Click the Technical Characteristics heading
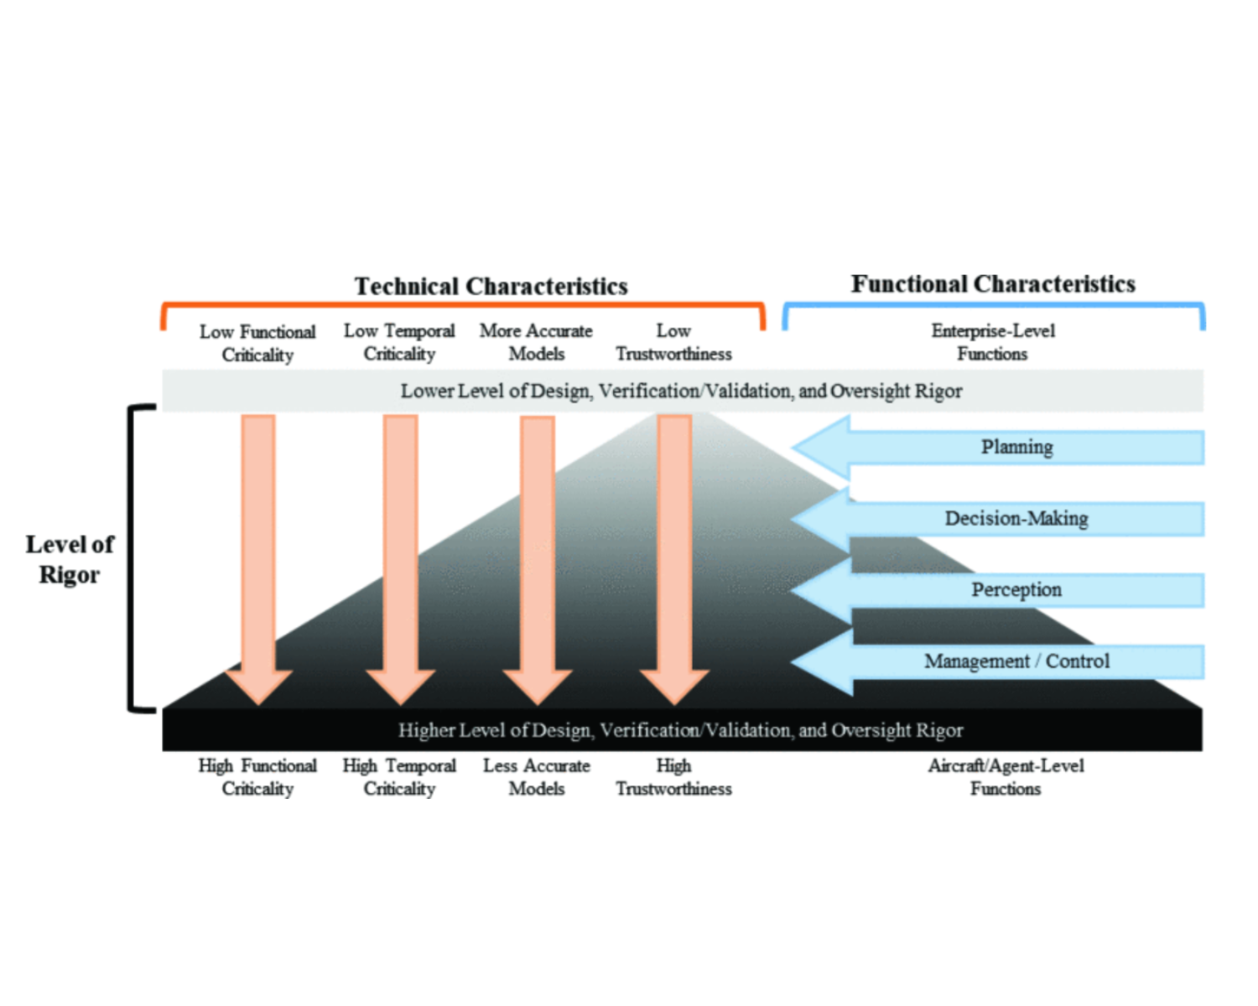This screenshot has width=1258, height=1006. click(491, 287)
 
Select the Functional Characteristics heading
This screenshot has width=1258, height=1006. click(993, 284)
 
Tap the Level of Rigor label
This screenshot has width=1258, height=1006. click(70, 559)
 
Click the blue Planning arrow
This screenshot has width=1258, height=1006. click(999, 447)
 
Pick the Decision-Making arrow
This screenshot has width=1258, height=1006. click(999, 518)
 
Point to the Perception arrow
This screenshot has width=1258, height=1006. click(999, 590)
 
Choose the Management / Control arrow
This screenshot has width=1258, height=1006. click(999, 661)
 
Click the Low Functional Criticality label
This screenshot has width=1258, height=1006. click(257, 343)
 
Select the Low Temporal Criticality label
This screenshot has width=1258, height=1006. click(399, 342)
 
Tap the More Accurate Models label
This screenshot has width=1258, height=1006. click(536, 342)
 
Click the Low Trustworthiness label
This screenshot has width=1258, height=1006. click(673, 342)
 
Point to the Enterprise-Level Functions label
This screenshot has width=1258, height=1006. click(993, 342)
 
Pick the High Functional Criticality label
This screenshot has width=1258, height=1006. click(257, 777)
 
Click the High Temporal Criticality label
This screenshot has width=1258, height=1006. click(399, 777)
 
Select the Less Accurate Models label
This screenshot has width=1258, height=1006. click(536, 777)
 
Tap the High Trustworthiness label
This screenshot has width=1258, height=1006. click(673, 777)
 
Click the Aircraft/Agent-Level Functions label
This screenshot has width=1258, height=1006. click(1006, 777)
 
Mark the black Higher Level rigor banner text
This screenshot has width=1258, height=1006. click(680, 730)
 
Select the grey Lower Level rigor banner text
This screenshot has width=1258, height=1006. click(681, 391)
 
